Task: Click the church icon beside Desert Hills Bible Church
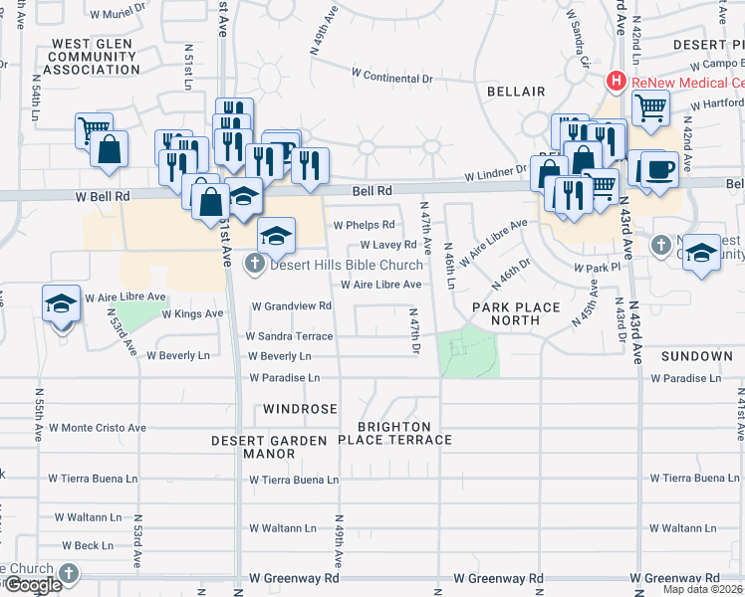point(255,264)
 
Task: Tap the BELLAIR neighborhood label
point(516,92)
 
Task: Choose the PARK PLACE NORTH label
point(516,314)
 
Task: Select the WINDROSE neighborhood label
point(300,409)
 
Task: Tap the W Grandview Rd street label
point(291,306)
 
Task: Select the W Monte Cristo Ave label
point(97,427)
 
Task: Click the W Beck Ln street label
point(87,545)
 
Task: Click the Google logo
point(32,585)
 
